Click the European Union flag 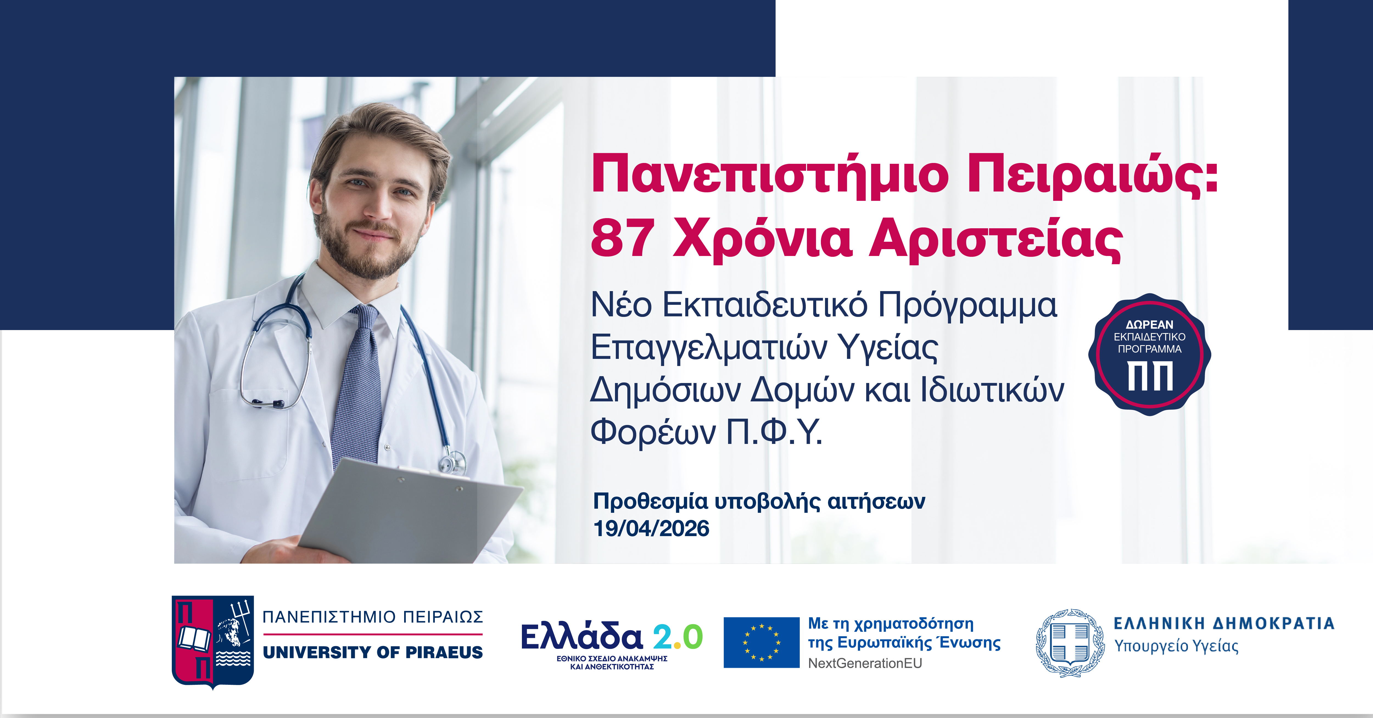click(761, 642)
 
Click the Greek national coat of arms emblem click(1070, 643)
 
